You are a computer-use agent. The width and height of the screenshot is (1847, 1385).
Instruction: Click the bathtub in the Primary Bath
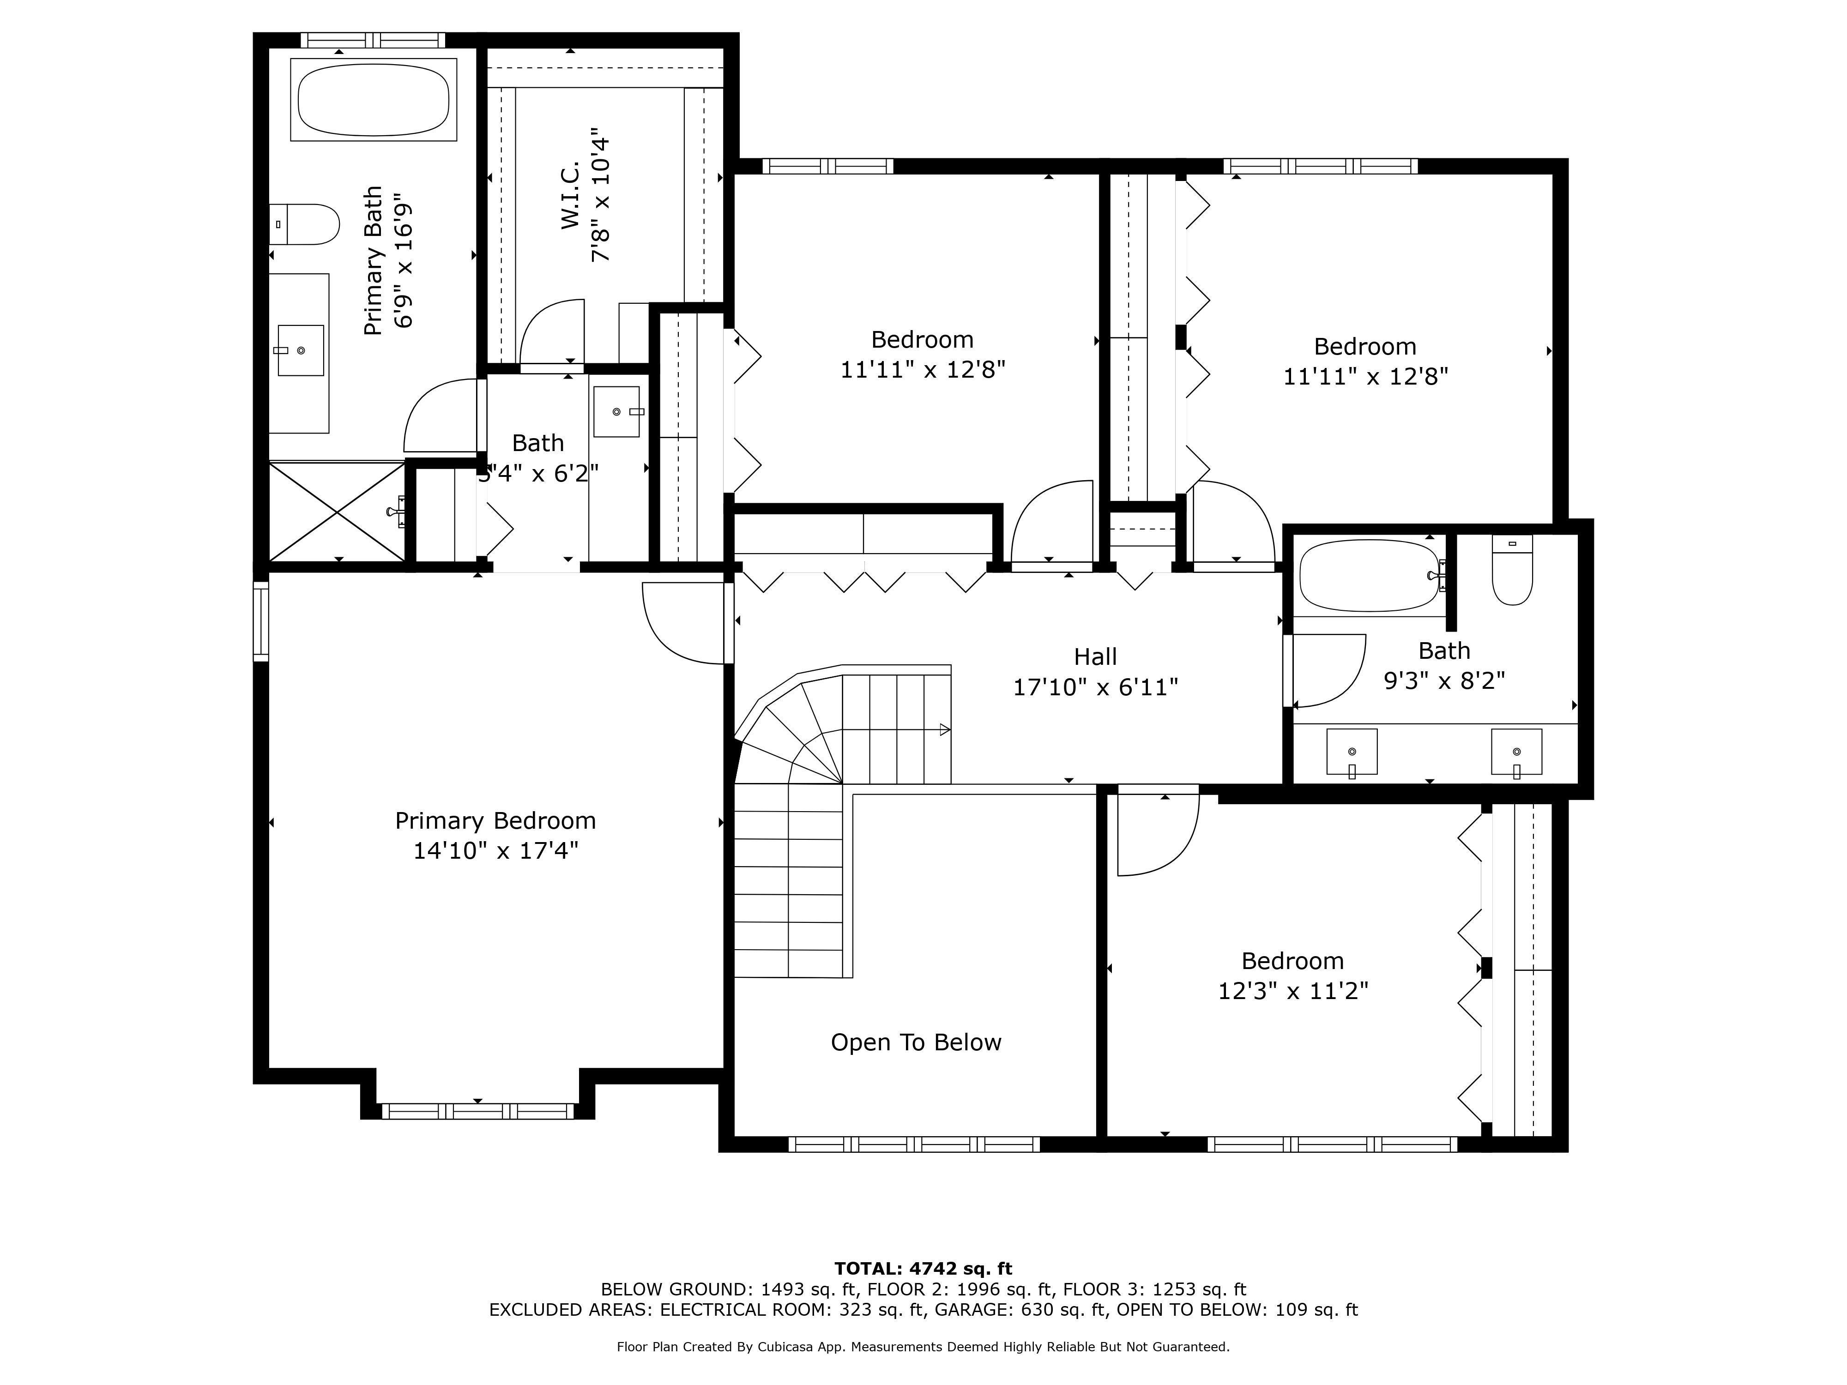coord(373,99)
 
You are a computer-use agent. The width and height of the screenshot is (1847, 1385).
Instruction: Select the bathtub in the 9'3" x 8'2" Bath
coord(1370,576)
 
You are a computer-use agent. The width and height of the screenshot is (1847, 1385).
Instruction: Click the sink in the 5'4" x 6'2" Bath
coord(617,412)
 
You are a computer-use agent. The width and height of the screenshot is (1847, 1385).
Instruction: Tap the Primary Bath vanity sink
coord(301,350)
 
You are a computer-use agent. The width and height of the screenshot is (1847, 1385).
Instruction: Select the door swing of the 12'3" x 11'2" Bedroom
coord(1157,835)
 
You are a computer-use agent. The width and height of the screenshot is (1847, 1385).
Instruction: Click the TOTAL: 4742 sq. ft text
coord(923,1269)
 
